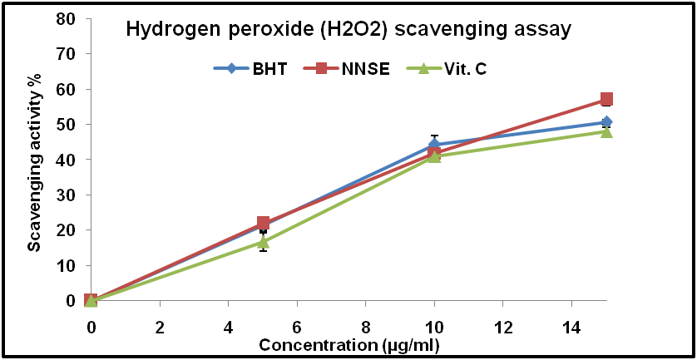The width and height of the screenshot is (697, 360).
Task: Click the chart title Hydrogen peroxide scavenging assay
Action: [x=348, y=30]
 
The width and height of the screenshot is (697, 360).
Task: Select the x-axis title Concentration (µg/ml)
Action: [x=348, y=345]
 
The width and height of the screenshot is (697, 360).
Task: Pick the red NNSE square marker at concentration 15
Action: [x=606, y=100]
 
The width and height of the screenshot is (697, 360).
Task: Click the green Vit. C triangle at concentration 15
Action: [x=606, y=131]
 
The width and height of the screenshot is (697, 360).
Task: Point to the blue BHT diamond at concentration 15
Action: [x=606, y=122]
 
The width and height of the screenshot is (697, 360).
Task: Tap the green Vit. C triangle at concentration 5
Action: [x=263, y=242]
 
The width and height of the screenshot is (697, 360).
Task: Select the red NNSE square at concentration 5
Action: [x=263, y=223]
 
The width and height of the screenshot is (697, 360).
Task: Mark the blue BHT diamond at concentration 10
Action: [x=434, y=145]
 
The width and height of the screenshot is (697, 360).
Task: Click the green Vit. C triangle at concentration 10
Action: [x=434, y=156]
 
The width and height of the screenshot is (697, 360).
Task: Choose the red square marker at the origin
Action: [x=91, y=300]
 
